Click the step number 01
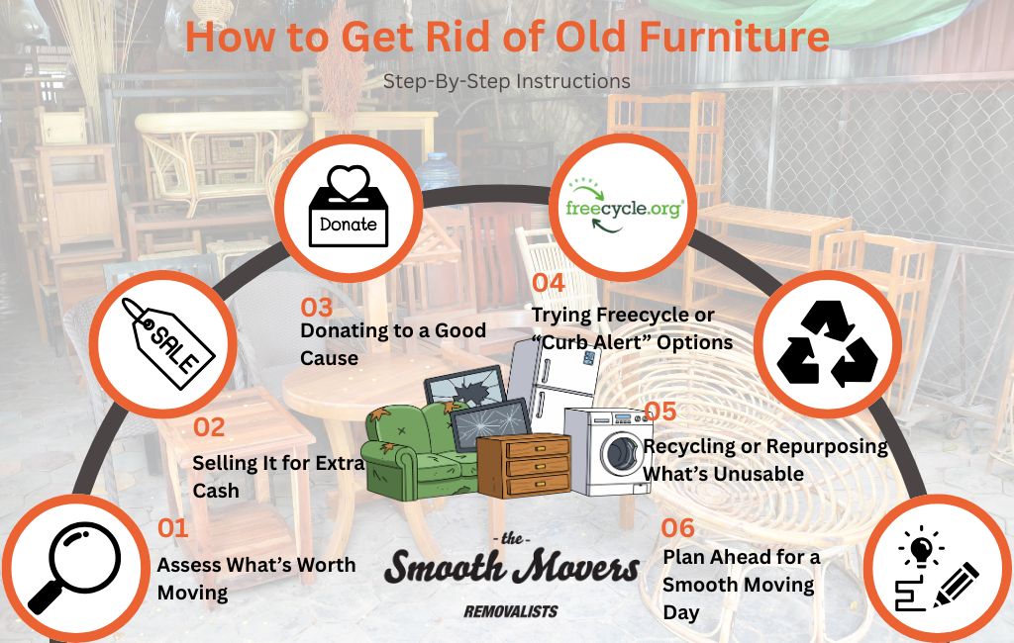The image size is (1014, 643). (x=173, y=528)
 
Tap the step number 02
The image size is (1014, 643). (x=209, y=427)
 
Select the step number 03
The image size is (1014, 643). (x=317, y=307)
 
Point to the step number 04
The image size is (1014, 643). (x=548, y=283)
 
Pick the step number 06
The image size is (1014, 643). (x=679, y=527)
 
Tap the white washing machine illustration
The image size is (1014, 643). (x=606, y=450)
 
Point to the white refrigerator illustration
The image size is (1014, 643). (x=559, y=386)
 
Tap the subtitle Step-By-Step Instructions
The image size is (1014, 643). (x=507, y=80)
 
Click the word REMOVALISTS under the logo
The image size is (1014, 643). (x=510, y=610)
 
